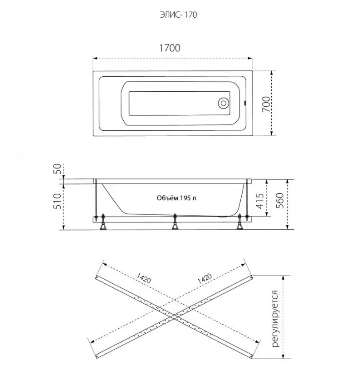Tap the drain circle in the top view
[x=223, y=103]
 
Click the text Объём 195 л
[x=176, y=198]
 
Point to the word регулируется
[x=275, y=317]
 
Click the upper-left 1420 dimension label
[x=144, y=279]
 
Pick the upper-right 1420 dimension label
[x=203, y=279]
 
